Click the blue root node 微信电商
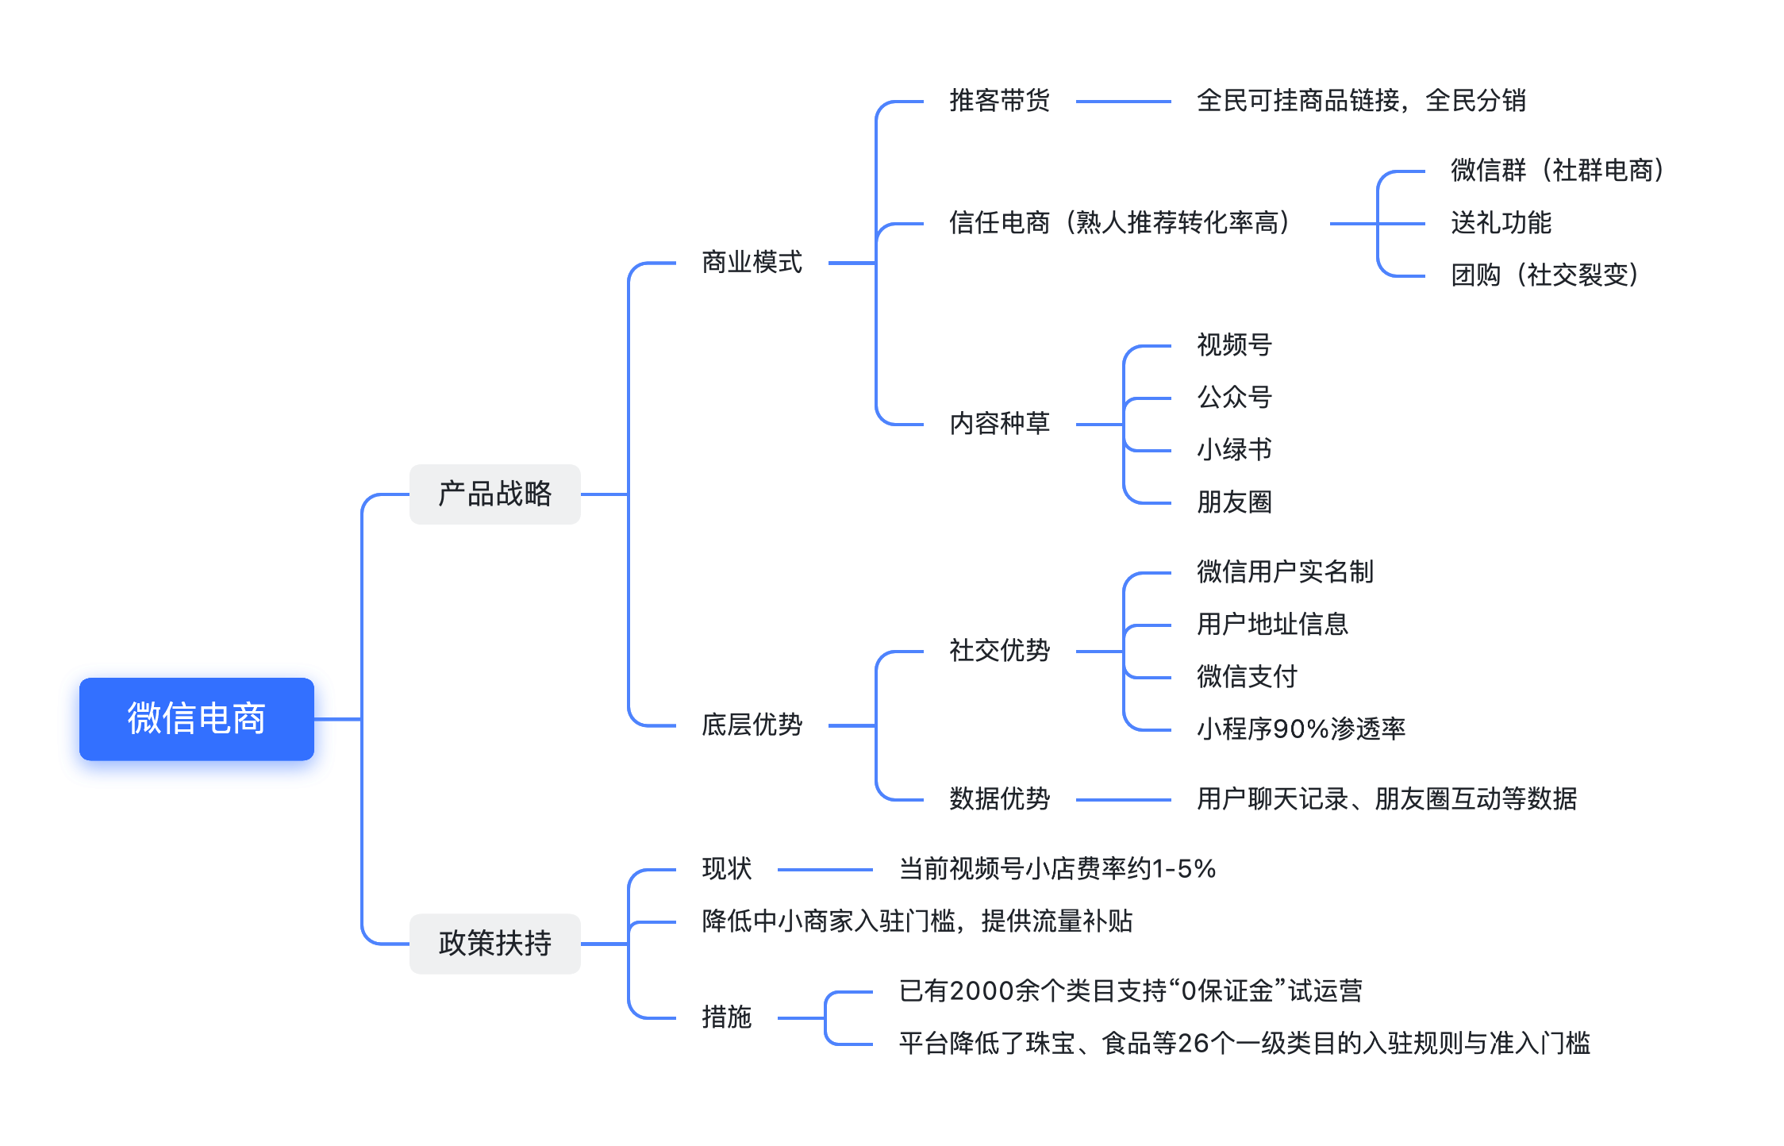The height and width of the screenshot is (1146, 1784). (196, 718)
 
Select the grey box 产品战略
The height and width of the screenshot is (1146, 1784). (494, 494)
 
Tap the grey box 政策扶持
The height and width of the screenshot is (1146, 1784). (494, 944)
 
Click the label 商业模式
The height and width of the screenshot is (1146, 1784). (752, 262)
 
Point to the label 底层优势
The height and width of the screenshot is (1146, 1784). (752, 725)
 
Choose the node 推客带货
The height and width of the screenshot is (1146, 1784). (999, 101)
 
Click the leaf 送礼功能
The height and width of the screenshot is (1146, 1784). (1501, 223)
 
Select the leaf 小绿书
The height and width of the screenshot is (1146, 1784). (1234, 450)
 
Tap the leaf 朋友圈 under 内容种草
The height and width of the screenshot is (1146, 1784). (1234, 502)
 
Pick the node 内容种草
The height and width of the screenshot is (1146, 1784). (999, 424)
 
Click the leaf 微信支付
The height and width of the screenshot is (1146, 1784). (1247, 677)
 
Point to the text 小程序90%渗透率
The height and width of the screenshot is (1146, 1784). (1301, 729)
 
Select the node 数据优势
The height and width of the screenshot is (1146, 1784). (999, 799)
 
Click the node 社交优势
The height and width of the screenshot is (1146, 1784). (999, 651)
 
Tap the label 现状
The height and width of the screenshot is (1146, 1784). (726, 869)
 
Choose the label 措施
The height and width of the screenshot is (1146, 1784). (726, 1017)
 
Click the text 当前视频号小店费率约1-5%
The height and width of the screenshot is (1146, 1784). (1057, 869)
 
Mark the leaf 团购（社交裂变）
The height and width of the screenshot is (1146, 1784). (1545, 275)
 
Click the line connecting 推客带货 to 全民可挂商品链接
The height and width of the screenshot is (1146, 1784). (1123, 102)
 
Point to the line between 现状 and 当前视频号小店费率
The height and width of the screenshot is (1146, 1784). (825, 870)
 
